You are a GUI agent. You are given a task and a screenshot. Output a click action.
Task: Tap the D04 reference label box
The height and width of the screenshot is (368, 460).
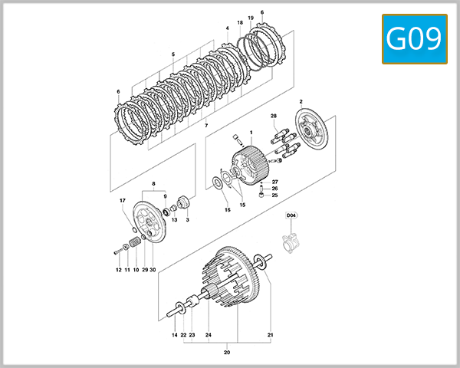pyautogui.click(x=291, y=217)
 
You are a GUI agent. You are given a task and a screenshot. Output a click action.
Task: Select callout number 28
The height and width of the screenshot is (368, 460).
pyautogui.click(x=274, y=116)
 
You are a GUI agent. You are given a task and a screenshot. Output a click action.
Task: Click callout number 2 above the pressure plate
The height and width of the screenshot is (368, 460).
pyautogui.click(x=301, y=102)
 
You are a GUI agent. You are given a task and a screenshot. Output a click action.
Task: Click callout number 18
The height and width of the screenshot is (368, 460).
pyautogui.click(x=240, y=23)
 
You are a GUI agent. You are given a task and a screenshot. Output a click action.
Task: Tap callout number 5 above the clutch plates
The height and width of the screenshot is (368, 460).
pyautogui.click(x=173, y=54)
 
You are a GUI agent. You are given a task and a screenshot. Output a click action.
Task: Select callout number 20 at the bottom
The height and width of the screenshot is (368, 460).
pyautogui.click(x=226, y=353)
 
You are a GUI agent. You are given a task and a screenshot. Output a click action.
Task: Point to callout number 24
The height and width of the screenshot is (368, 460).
pyautogui.click(x=208, y=336)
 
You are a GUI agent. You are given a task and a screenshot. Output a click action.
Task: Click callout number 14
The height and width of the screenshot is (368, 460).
pyautogui.click(x=174, y=336)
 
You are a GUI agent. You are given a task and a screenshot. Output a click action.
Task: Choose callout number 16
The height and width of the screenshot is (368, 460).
pyautogui.click(x=227, y=209)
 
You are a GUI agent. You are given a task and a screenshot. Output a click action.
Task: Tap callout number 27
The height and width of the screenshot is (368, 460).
pyautogui.click(x=274, y=182)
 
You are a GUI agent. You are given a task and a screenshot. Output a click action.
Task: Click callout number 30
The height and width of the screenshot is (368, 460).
pyautogui.click(x=153, y=270)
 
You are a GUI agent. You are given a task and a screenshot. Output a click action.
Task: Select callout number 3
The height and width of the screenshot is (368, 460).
pyautogui.click(x=187, y=220)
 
